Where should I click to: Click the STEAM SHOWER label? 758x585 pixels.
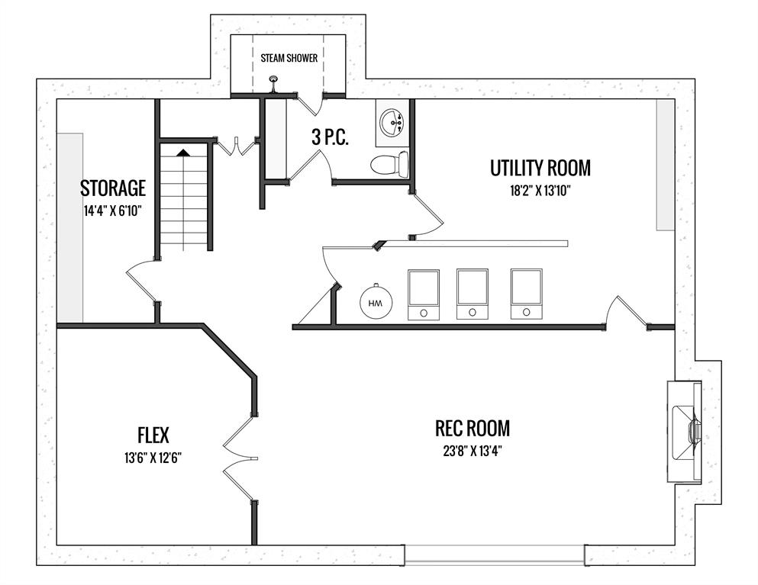pos(289,58)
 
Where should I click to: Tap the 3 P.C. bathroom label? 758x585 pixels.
pos(331,138)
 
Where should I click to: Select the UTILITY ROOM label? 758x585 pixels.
pos(540,168)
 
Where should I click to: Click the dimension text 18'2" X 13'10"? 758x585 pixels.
pos(540,191)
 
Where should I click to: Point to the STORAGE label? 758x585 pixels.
pos(113,188)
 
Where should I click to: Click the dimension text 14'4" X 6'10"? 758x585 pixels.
pos(113,211)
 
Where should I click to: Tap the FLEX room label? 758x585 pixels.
pos(153,436)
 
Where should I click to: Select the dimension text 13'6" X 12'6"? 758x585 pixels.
pos(153,458)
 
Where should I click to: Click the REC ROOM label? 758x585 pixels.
pos(473,428)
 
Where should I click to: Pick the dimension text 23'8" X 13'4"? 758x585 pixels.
pos(473,452)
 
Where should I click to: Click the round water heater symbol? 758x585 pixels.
pos(376,302)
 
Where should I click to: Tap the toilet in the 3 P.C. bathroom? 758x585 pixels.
pos(389,164)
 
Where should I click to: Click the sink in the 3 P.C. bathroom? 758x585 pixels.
pos(392,123)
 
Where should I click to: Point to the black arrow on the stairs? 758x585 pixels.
pos(183,153)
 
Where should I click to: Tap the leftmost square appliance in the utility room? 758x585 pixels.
pos(424,294)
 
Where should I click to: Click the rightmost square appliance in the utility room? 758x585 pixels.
pos(527,294)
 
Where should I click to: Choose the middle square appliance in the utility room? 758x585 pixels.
pos(473,294)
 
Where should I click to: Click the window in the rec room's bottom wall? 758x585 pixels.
pos(495,555)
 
